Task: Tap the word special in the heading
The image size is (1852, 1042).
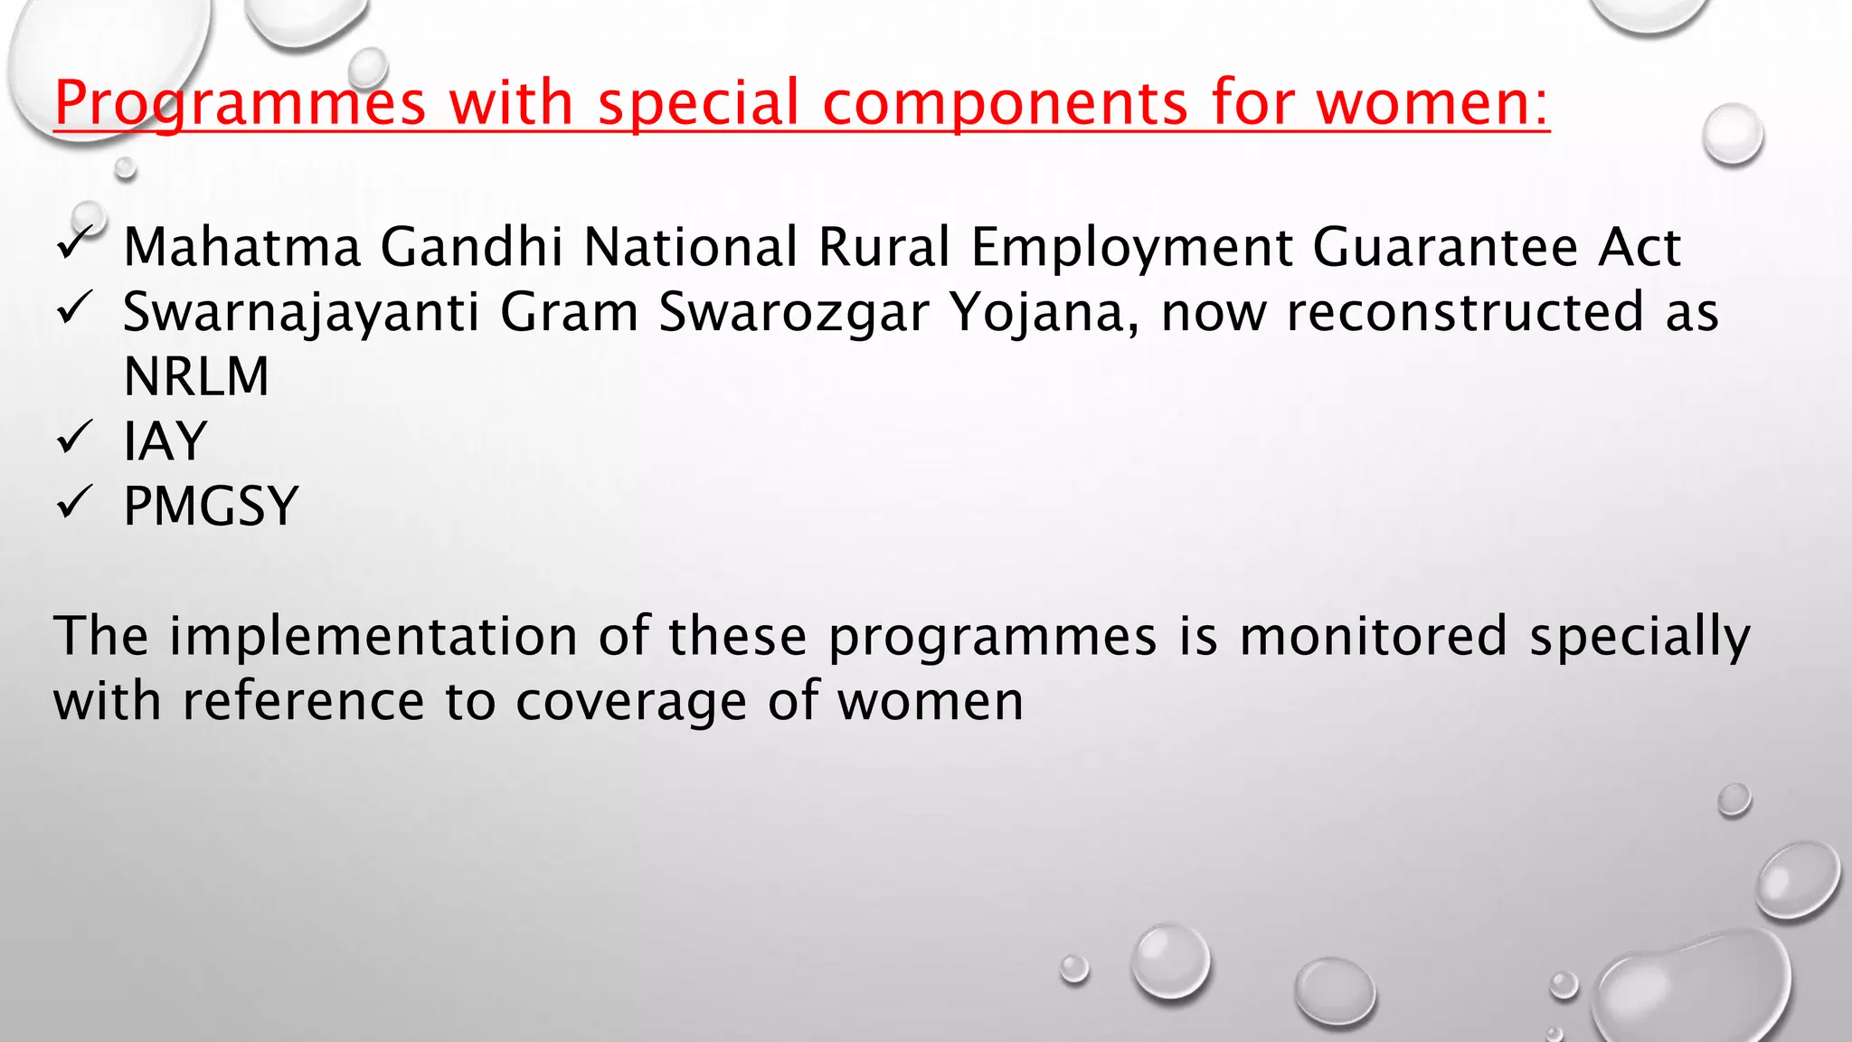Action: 698,102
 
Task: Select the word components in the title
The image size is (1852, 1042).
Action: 1005,102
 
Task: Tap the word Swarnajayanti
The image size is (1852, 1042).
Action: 300,313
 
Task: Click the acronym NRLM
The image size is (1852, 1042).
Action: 196,376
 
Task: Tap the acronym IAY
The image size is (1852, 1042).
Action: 165,441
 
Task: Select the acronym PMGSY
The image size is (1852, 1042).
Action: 211,506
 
